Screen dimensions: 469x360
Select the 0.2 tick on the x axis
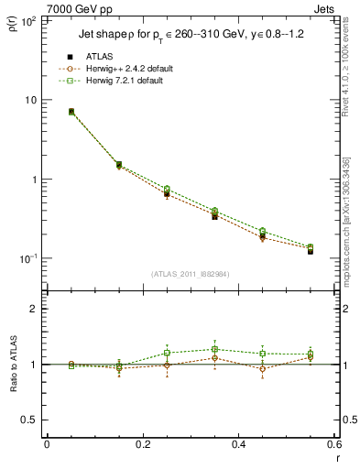[142, 444]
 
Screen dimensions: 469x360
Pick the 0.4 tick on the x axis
[238, 444]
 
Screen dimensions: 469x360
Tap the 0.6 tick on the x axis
[333, 444]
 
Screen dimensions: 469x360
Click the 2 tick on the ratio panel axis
[34, 309]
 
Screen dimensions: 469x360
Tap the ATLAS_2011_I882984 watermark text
[190, 274]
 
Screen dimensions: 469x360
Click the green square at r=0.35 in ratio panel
[214, 349]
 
